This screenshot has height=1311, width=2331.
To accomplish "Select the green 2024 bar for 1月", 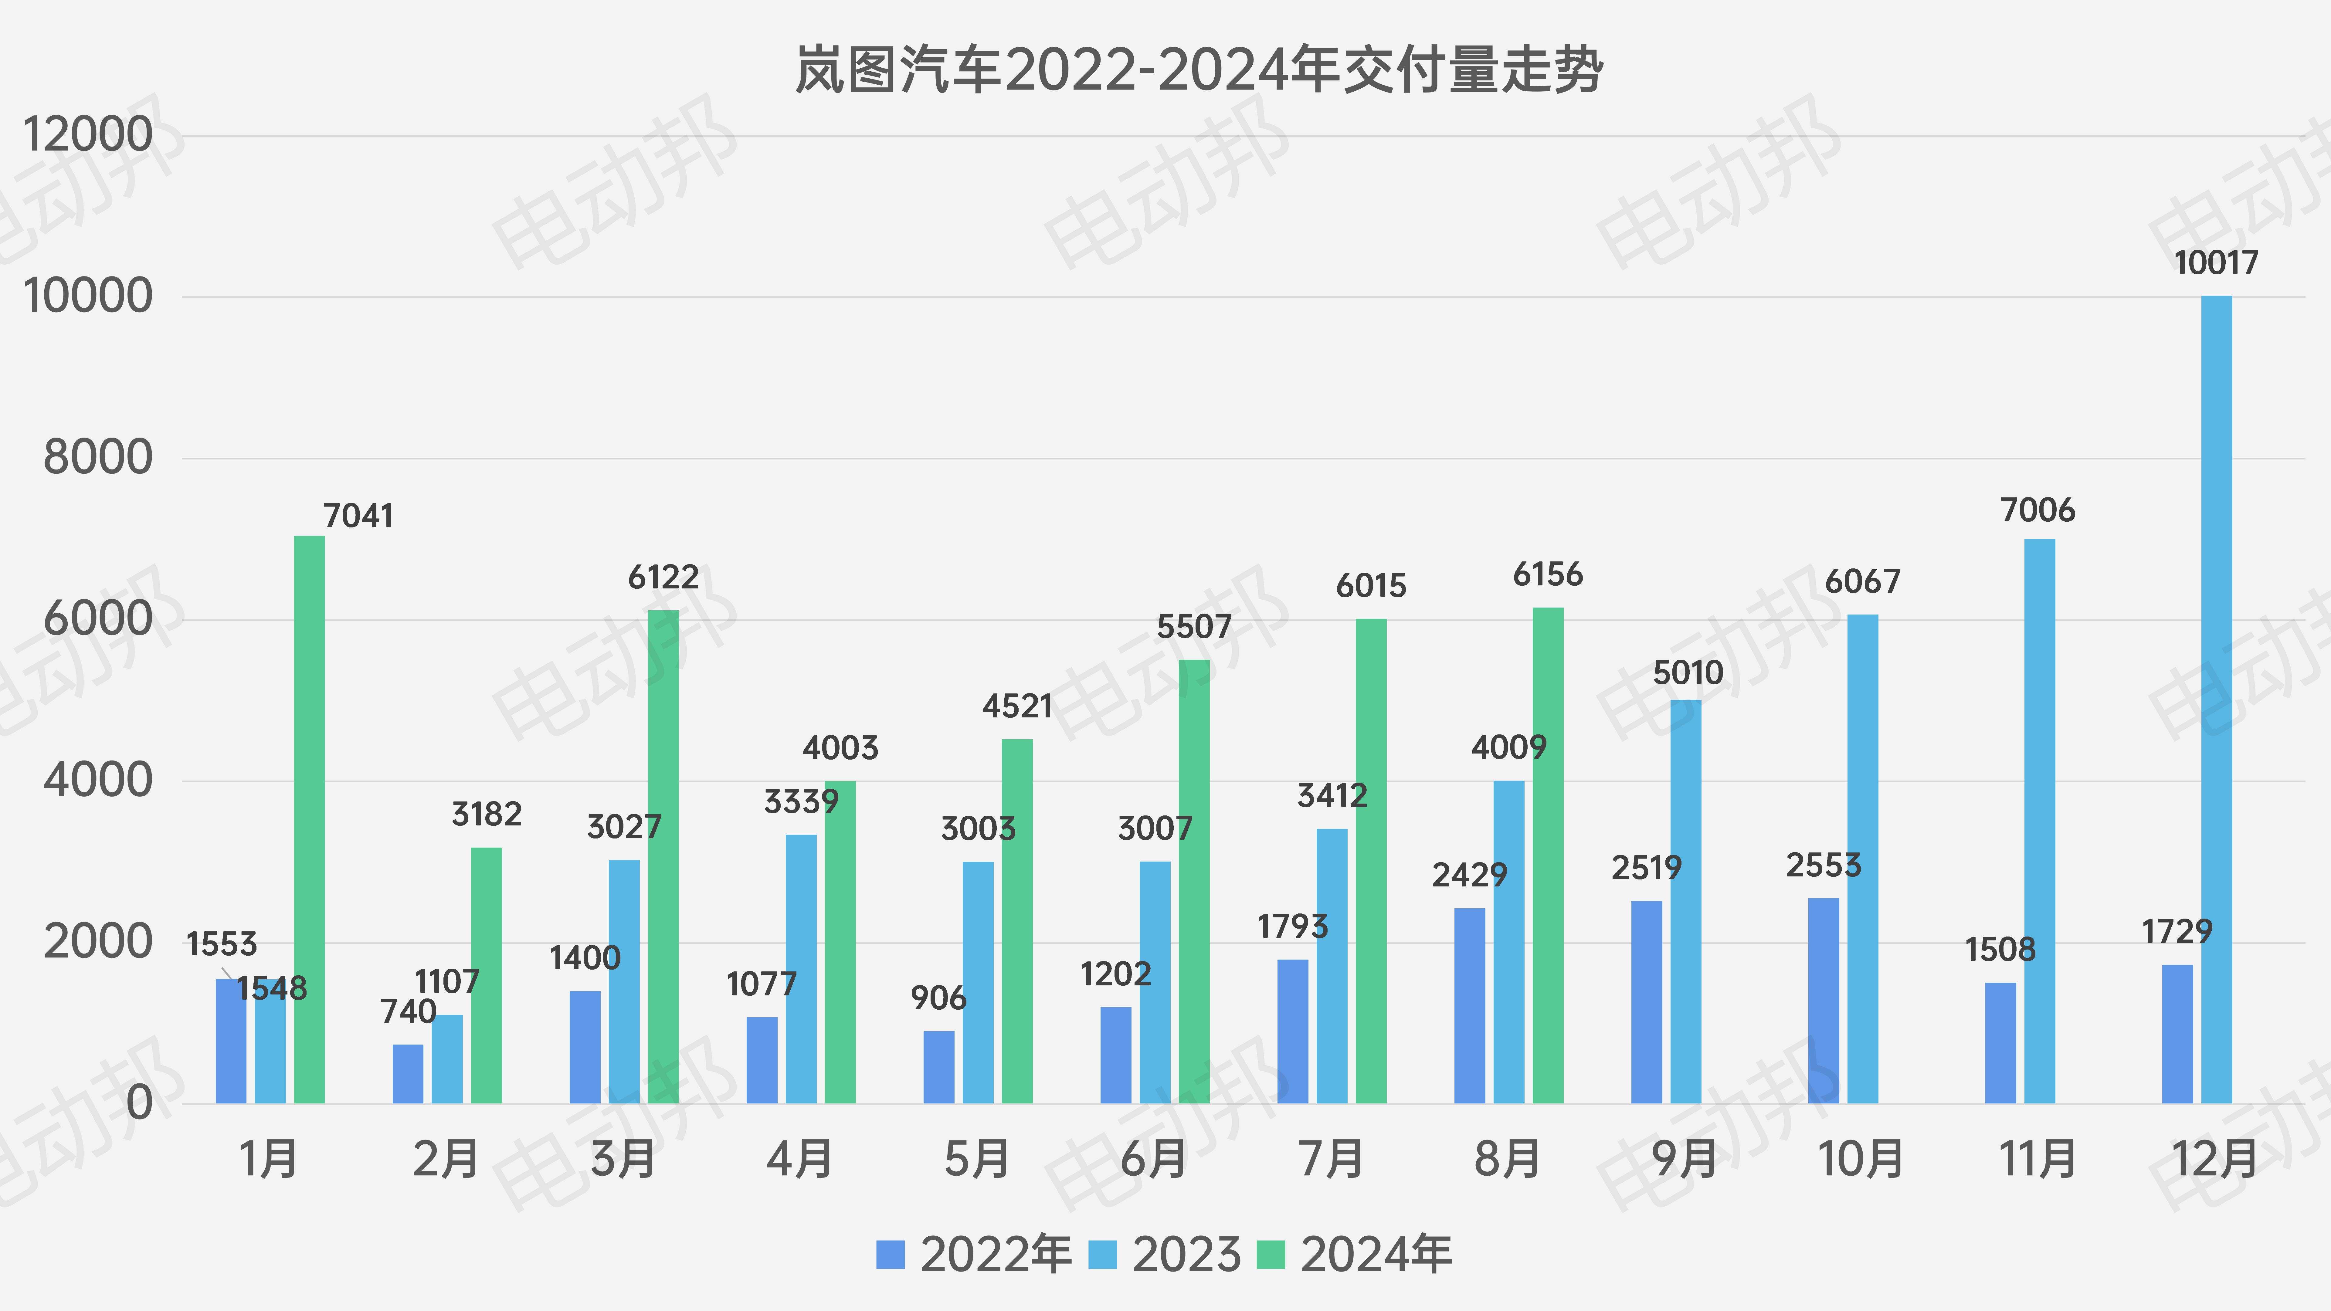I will tap(310, 819).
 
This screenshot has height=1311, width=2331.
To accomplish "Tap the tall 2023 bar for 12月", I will tap(2216, 699).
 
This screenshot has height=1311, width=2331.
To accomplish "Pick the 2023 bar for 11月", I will tap(2040, 821).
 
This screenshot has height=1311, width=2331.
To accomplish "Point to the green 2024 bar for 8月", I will tap(1547, 855).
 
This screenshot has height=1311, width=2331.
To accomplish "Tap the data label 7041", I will tap(358, 516).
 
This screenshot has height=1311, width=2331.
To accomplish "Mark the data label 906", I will tap(938, 998).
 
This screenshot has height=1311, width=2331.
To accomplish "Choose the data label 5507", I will tap(1193, 626).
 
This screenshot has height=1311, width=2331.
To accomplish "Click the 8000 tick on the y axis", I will tap(98, 458).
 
